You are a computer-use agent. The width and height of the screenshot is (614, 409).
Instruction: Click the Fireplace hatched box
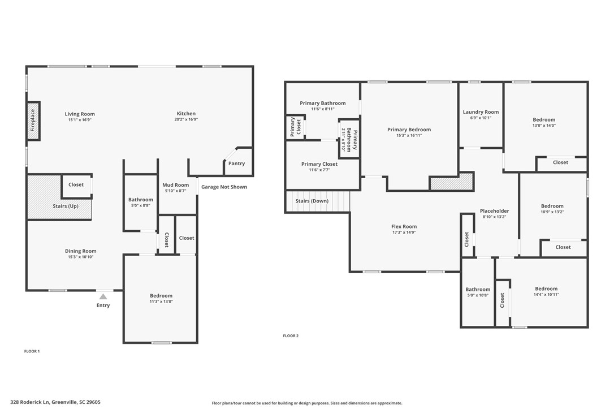coord(33,120)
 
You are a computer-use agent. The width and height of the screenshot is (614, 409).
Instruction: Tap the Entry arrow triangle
coord(103,296)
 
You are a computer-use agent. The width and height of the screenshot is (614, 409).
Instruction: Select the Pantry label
coord(236,163)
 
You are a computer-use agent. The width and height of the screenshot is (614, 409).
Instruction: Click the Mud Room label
coord(175,185)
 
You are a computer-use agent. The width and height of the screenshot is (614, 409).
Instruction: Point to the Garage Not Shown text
coord(224,187)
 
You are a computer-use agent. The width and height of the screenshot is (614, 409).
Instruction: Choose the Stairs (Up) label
coord(66,206)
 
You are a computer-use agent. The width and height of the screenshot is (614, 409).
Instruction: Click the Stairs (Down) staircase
coord(318,201)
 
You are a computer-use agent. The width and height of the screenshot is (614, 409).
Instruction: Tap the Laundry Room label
coord(481,112)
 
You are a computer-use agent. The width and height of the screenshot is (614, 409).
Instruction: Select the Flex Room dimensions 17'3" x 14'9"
coord(404,233)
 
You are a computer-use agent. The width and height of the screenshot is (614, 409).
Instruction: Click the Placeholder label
coord(495,211)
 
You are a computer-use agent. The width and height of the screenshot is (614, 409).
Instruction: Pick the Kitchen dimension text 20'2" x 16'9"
coord(186,119)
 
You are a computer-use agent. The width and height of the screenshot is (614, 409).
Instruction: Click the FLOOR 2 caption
coord(291,335)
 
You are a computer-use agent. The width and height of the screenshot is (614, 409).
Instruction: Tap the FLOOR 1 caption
coord(32,351)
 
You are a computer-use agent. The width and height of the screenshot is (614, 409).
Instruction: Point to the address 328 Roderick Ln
coord(30,402)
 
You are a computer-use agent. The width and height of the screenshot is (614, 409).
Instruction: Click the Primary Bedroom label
coord(409,130)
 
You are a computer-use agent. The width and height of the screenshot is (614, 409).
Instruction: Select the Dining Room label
coord(81,251)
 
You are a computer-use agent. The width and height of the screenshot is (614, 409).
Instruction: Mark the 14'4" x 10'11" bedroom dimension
coord(546,295)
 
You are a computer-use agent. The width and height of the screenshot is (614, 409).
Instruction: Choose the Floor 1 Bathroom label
coord(141,200)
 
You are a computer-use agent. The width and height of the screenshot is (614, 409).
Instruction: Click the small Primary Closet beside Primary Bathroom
coord(296,127)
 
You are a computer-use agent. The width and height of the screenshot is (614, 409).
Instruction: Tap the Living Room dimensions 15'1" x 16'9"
coord(80,120)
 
